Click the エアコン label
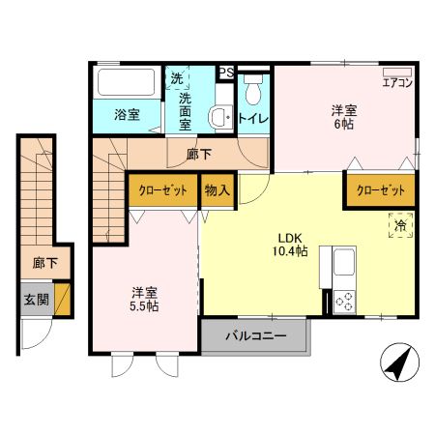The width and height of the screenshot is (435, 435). pos(397,83)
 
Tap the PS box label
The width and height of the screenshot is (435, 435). pos(225,72)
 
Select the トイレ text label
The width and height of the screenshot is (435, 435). pos(253,118)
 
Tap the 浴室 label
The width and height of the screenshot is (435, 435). pos(127,115)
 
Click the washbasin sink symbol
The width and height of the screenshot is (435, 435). pos(219,118)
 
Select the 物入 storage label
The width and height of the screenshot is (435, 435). pos(217,190)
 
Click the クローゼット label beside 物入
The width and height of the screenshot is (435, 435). pos(162,190)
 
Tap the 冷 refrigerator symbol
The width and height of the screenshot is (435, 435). pos(400,225)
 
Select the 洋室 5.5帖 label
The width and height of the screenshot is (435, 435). pos(146,299)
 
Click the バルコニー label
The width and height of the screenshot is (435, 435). pos(256,337)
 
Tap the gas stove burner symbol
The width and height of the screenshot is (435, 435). pos(344,301)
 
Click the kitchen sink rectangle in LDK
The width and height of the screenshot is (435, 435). pos(344,263)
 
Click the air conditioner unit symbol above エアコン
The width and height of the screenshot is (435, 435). pos(397,72)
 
